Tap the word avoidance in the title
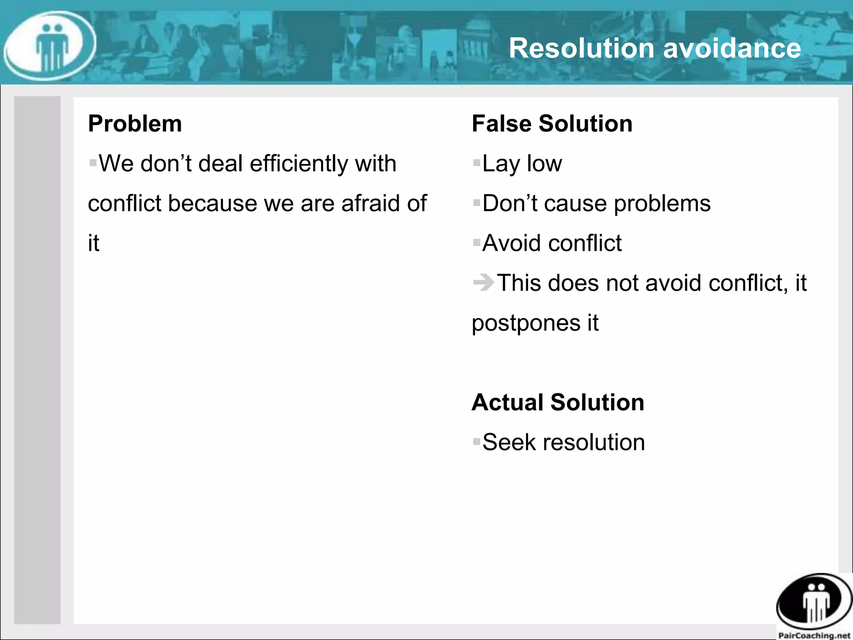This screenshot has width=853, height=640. pyautogui.click(x=732, y=48)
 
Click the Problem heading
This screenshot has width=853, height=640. pyautogui.click(x=135, y=124)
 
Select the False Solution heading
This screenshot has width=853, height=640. pyautogui.click(x=552, y=124)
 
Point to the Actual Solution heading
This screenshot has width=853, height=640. pyautogui.click(x=558, y=402)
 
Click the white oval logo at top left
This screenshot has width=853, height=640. pyautogui.click(x=50, y=46)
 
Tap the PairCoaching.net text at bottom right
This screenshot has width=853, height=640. pyautogui.click(x=814, y=635)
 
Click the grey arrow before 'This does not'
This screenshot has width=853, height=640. pyautogui.click(x=483, y=282)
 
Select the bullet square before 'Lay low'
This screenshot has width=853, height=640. pyautogui.click(x=476, y=162)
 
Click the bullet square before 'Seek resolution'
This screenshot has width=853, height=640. pyautogui.click(x=476, y=442)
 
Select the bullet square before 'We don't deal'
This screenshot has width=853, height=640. pyautogui.click(x=93, y=162)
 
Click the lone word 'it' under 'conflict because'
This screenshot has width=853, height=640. pyautogui.click(x=94, y=243)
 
